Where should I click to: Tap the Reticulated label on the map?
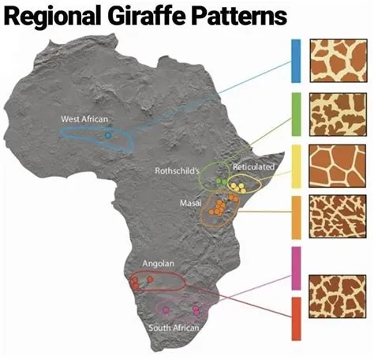click(253, 167)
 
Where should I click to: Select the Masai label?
click(190, 203)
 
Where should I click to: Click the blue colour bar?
click(297, 61)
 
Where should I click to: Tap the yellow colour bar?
click(297, 165)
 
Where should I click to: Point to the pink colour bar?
click(297, 268)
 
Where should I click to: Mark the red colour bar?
click(297, 318)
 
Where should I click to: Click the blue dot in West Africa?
click(108, 136)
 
